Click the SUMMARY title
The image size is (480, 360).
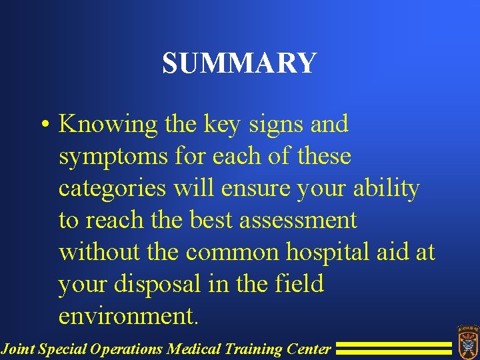tap(239, 63)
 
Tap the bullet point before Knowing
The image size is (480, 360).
tap(43, 125)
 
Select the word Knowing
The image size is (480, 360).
tap(107, 125)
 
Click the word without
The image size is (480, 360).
tap(98, 252)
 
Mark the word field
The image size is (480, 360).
tap(298, 284)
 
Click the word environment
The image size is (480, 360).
tap(129, 316)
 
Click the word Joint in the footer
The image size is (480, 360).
tap(18, 349)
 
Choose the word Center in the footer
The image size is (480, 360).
tap(309, 349)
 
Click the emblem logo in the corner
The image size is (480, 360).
tap(466, 341)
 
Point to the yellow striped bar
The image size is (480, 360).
tap(393, 348)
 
